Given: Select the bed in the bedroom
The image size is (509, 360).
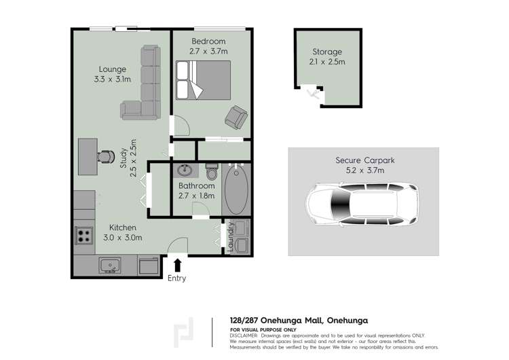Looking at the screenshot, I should click(x=202, y=81).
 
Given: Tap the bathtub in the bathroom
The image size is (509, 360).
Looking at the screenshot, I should click(x=237, y=188).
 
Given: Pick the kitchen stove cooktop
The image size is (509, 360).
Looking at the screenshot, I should click(x=84, y=235).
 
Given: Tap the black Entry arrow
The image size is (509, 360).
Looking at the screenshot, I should click(x=178, y=264).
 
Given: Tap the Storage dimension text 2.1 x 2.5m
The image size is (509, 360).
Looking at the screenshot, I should click(x=327, y=62).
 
